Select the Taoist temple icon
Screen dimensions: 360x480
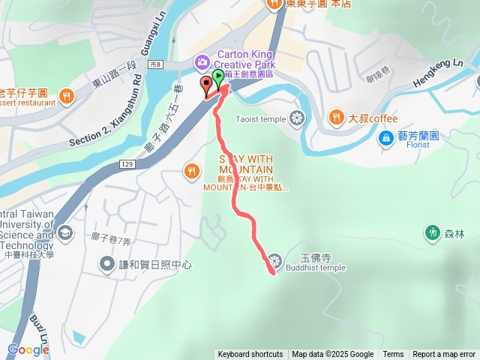pyautogui.click(x=297, y=118)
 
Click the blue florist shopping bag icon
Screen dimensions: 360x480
pyautogui.click(x=385, y=137)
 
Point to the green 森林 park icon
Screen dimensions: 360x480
pyautogui.click(x=433, y=232)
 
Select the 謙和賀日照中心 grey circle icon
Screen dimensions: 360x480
pyautogui.click(x=106, y=265)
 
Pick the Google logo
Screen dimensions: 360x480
pyautogui.click(x=28, y=349)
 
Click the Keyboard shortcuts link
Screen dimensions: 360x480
pyautogui.click(x=250, y=354)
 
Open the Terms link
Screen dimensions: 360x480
pyautogui.click(x=393, y=354)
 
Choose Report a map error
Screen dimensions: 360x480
pyautogui.click(x=444, y=354)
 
